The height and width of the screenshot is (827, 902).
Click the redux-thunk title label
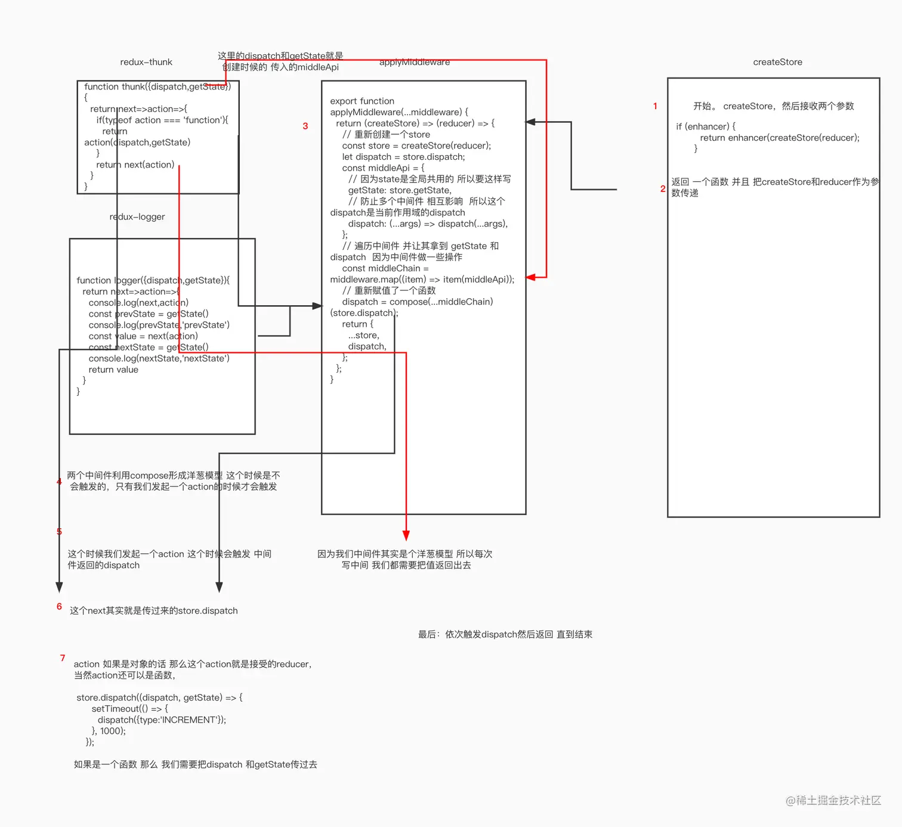click(146, 62)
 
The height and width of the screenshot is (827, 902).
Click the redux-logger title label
click(137, 217)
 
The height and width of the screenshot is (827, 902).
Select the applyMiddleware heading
click(415, 62)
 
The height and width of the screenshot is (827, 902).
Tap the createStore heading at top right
click(777, 62)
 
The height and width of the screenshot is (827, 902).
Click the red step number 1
click(655, 106)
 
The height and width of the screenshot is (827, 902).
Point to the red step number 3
click(305, 126)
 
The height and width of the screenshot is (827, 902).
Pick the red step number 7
click(63, 658)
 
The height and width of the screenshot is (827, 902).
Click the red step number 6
click(59, 606)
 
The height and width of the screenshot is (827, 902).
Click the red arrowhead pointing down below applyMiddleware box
click(406, 535)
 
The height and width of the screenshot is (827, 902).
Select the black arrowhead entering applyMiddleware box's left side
click(317, 306)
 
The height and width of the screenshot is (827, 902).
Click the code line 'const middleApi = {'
click(383, 168)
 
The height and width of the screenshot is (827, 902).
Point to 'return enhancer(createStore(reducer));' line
click(780, 138)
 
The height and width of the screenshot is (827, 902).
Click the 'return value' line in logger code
click(113, 370)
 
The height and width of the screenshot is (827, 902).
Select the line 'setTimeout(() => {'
click(130, 709)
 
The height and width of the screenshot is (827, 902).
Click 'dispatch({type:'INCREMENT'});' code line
click(162, 720)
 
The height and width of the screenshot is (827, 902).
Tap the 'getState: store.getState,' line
click(400, 190)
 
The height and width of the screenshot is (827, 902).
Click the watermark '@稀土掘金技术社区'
click(833, 800)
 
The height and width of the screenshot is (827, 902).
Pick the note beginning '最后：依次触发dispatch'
click(505, 634)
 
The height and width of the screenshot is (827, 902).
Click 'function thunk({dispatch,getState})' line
click(157, 87)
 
